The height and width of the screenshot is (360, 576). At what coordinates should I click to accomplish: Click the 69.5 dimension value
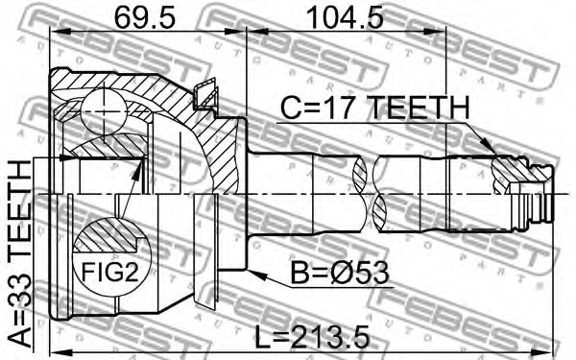pyautogui.click(x=145, y=17)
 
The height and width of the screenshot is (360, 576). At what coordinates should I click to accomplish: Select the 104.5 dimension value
pyautogui.click(x=345, y=17)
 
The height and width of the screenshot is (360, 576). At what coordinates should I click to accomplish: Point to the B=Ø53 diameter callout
pyautogui.click(x=340, y=274)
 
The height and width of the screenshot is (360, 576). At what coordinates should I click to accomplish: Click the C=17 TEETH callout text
pyautogui.click(x=374, y=108)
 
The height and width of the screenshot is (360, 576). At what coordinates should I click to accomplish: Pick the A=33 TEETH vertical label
pyautogui.click(x=20, y=253)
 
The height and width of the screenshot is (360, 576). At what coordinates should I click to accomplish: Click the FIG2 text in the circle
pyautogui.click(x=110, y=273)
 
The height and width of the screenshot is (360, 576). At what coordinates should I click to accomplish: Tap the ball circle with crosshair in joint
pyautogui.click(x=105, y=111)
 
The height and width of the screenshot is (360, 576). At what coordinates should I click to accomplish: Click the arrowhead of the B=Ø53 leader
pyautogui.click(x=256, y=275)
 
